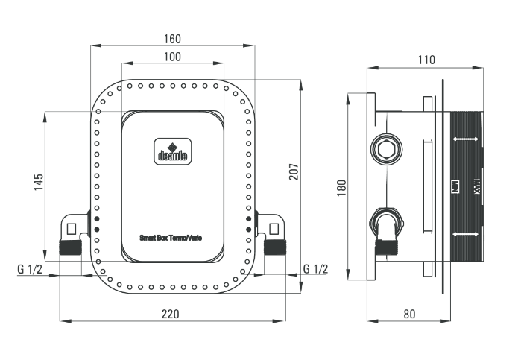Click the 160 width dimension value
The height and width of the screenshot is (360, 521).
coord(172,39)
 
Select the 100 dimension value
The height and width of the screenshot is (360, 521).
coord(172,57)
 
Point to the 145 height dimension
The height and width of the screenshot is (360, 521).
coord(40,182)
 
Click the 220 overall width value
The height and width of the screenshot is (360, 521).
coord(171,314)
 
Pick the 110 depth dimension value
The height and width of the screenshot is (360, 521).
coord(426,60)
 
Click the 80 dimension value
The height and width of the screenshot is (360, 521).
coord(408,314)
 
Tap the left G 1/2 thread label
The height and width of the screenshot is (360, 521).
coord(30,268)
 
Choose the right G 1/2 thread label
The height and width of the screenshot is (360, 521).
coord(315,268)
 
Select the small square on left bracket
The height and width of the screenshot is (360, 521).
coord(72,227)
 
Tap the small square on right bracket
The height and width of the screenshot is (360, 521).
coord(273,227)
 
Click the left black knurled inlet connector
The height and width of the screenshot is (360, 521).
coord(70,247)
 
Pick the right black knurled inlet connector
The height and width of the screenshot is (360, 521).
coord(274,247)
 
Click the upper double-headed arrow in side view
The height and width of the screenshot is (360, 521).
coord(467,139)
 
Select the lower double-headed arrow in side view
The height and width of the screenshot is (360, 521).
coord(467,235)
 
